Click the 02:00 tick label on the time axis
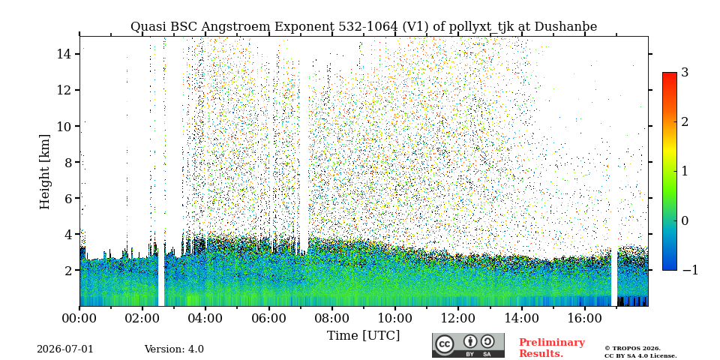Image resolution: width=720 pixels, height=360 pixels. [x=142, y=318]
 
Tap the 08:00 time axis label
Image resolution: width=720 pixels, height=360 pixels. [x=332, y=318]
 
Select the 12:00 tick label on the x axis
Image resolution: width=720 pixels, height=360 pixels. [x=457, y=318]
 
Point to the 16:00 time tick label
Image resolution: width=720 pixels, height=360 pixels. [x=584, y=318]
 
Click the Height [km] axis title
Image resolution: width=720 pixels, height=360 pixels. [x=44, y=172]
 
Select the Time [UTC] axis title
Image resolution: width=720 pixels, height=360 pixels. [x=363, y=336]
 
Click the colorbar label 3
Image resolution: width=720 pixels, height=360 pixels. [x=685, y=73]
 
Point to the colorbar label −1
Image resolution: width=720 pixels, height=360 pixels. [x=690, y=270]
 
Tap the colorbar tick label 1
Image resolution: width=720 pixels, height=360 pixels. [x=685, y=171]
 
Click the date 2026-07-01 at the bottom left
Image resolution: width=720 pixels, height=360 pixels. [x=64, y=349]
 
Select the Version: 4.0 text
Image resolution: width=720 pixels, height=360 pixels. [x=174, y=349]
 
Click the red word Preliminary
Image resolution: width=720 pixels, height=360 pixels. [x=552, y=343]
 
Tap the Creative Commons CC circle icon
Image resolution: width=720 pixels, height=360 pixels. [x=445, y=344]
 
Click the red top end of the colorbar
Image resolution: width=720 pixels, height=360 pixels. [x=670, y=73]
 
